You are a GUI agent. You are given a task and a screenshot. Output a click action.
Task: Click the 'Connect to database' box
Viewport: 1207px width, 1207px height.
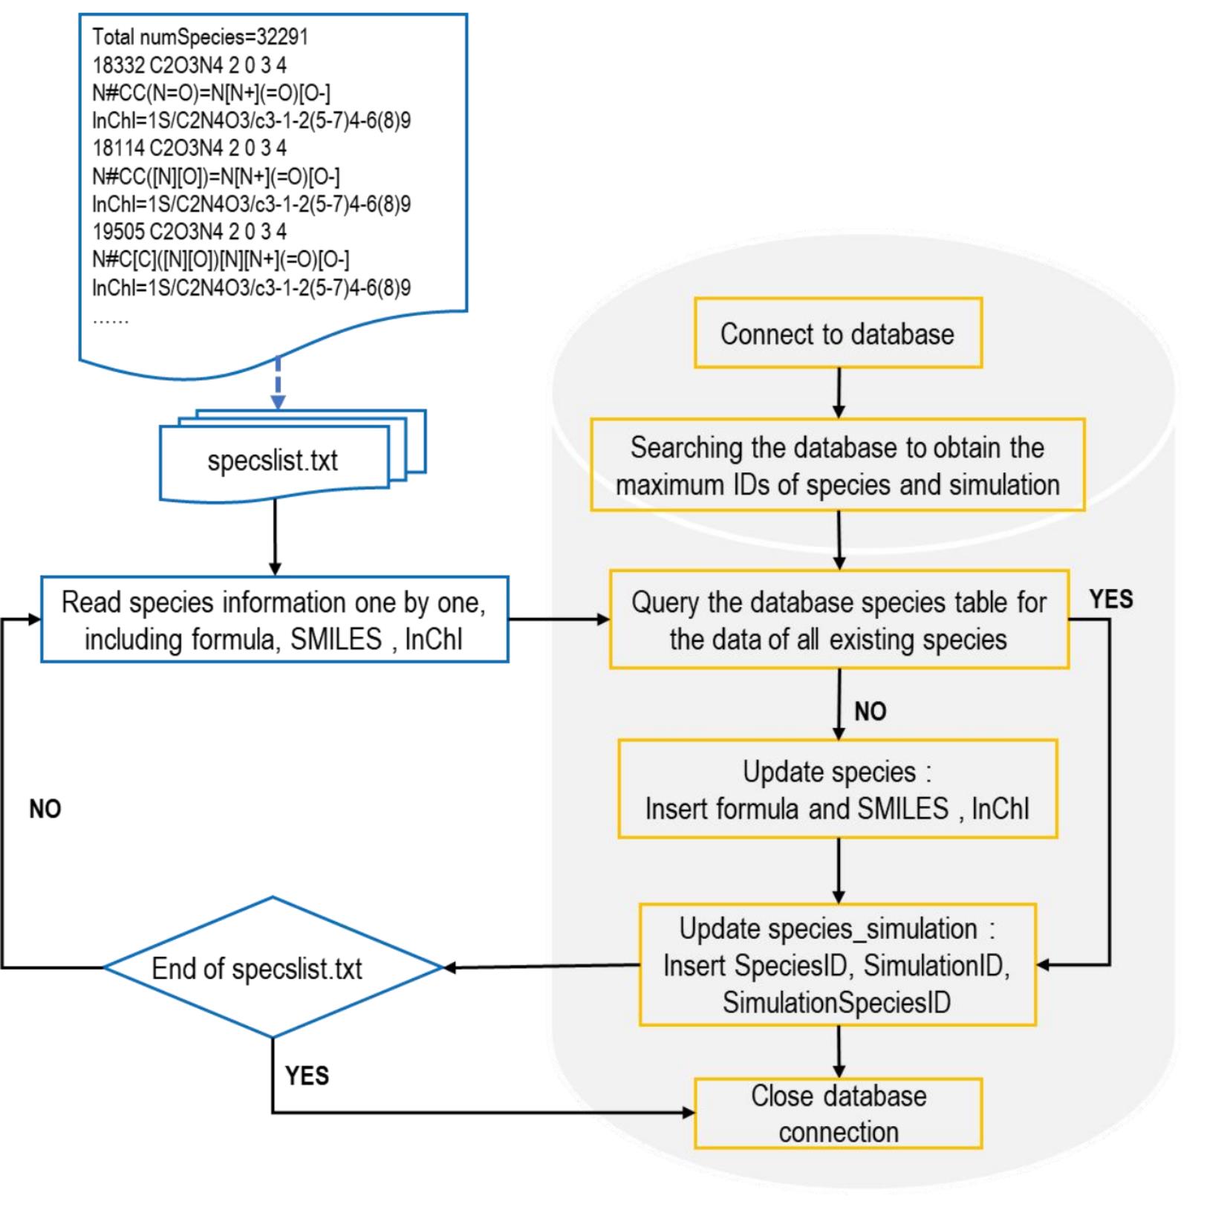pos(837,334)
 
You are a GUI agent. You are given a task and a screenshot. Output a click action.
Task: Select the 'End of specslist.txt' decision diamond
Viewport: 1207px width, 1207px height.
pos(272,967)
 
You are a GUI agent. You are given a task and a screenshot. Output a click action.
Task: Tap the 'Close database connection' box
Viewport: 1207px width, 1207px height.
pos(838,1113)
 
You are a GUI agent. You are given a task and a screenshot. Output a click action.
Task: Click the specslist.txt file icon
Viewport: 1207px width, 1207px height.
pos(273,461)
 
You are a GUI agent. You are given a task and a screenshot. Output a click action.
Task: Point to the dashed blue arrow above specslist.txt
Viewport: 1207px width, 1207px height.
pos(278,383)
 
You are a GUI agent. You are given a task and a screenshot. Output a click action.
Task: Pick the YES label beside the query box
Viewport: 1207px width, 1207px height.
pos(1110,599)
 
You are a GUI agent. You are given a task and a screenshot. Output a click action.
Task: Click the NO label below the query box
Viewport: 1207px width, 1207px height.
pos(870,711)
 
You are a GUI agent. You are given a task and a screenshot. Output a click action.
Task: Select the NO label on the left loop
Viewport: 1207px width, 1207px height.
pos(45,809)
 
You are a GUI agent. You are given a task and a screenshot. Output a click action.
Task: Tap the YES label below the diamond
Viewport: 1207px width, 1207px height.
pos(307,1075)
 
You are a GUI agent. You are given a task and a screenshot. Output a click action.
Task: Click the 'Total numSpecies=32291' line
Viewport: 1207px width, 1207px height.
pos(200,36)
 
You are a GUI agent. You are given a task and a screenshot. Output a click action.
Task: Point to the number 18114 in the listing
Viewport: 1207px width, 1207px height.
pos(118,148)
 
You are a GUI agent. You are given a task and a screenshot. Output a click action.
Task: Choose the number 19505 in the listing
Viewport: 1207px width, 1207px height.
pos(118,232)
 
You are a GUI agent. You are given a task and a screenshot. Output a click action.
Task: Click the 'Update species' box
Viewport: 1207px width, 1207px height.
pos(837,789)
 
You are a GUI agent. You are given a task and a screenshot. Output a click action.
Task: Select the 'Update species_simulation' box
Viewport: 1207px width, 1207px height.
pos(837,965)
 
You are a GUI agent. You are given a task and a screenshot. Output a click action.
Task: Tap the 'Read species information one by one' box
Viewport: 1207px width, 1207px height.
pos(274,619)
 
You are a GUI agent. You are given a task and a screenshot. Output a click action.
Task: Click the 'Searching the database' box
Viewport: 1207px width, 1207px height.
pos(837,465)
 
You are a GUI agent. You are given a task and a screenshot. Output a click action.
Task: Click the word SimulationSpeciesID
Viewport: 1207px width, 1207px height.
pos(836,1002)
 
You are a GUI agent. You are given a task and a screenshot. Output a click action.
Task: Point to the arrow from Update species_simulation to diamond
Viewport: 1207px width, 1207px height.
pos(541,966)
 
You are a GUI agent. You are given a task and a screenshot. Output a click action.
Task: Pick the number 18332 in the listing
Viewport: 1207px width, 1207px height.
pos(118,65)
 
